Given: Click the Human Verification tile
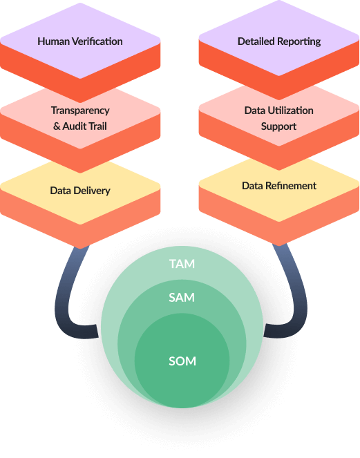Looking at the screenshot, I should [80, 41].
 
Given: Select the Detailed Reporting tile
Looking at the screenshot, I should [279, 41].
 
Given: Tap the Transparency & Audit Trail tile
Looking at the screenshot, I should [80, 118].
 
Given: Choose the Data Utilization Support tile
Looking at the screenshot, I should [279, 118].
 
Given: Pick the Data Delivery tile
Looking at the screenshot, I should [80, 191].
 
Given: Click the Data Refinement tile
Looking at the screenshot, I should [279, 186].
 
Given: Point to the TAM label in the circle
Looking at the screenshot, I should [182, 264].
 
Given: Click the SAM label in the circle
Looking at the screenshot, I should [182, 298].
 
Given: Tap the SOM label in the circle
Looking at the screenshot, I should [182, 361].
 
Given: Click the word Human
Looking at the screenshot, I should [53, 41].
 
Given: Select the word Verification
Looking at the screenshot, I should [96, 41].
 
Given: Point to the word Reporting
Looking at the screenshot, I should [299, 41].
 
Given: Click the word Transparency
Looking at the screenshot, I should [80, 111].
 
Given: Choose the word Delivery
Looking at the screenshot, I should [93, 191].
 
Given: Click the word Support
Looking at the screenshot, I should [279, 126].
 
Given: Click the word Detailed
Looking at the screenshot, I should [256, 41].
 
